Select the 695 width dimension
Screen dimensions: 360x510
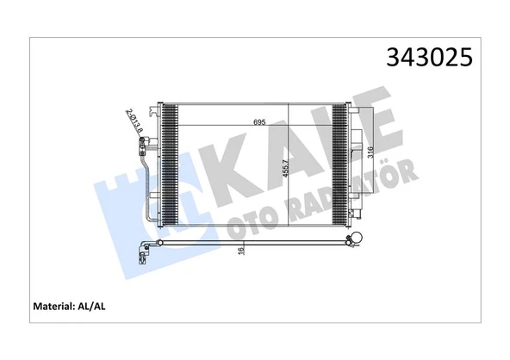(x=258, y=121)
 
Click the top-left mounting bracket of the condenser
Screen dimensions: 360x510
(x=154, y=109)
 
